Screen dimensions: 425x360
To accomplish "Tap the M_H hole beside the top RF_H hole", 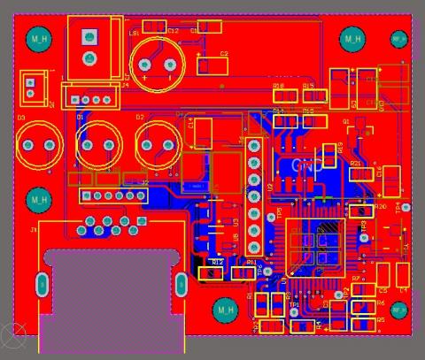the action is (x=352, y=39).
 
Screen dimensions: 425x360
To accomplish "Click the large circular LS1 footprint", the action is (x=157, y=62).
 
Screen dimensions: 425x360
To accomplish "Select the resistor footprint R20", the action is (x=359, y=211).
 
